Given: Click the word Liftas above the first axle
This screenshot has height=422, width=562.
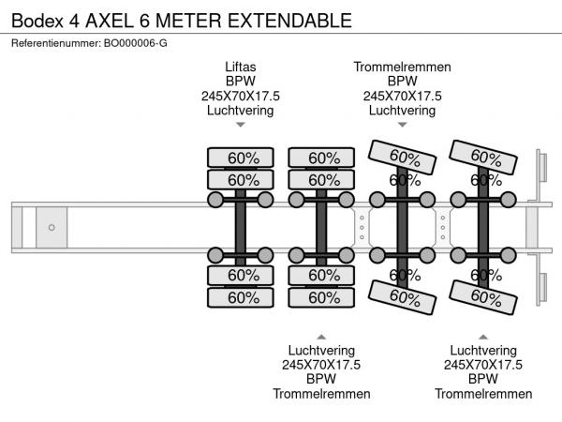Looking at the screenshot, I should tap(241, 68).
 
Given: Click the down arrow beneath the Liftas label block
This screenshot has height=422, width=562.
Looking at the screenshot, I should tap(241, 126).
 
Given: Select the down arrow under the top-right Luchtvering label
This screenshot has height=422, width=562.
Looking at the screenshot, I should tap(403, 126).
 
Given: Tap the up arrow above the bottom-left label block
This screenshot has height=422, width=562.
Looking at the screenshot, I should tap(321, 336).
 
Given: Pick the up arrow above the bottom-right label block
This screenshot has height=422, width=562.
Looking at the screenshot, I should tap(483, 336).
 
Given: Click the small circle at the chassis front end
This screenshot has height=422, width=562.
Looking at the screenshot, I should tap(52, 227).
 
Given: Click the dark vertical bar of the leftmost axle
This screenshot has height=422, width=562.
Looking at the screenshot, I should tap(241, 227).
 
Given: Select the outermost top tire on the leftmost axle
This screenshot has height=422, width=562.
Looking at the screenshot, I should tap(241, 158).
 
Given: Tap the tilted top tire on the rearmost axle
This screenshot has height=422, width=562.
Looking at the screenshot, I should tap(483, 157).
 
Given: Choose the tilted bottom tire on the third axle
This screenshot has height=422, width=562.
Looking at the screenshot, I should tap(403, 296).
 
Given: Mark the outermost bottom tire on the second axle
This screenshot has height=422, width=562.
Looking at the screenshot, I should tap(321, 297).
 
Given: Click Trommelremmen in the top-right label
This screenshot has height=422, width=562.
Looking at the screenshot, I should tap(403, 68).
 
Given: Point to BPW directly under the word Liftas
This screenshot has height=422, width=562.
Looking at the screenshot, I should tap(241, 82).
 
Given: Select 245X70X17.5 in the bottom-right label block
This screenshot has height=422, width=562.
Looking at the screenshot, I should tap(483, 365).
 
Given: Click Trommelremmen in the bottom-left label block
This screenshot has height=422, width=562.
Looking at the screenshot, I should tap(321, 393).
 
